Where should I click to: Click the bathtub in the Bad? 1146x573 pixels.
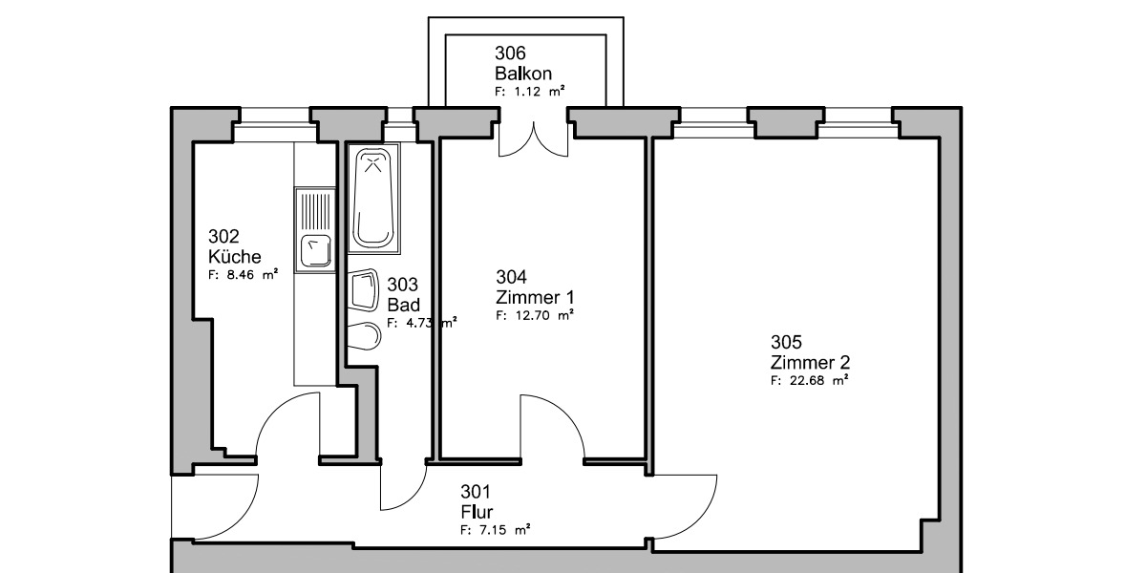tap(375, 200)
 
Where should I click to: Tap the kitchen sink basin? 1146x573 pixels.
tap(316, 251)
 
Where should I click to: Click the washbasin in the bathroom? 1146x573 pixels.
tap(363, 290)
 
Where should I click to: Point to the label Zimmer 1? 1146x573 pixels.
tap(535, 296)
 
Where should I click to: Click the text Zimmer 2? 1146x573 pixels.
tap(810, 363)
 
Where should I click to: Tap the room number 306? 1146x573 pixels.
tap(510, 53)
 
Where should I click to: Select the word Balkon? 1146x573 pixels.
tap(522, 73)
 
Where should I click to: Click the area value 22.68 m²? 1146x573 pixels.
tap(810, 380)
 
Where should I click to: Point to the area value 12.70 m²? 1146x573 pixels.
tap(535, 314)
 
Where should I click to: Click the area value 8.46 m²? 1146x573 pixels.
tap(244, 273)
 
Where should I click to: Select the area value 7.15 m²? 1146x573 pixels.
tap(496, 528)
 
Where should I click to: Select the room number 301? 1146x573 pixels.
tap(476, 492)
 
